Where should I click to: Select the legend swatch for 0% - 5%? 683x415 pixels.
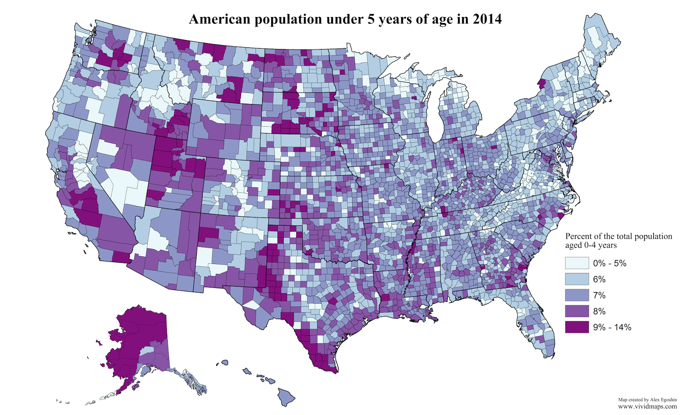click(x=577, y=263)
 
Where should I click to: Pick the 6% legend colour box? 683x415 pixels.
click(x=577, y=279)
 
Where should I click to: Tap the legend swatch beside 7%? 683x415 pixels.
click(x=577, y=295)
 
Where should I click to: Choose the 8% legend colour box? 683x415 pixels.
click(x=577, y=311)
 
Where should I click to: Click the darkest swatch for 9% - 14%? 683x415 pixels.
click(x=577, y=327)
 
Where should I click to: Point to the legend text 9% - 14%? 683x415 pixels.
click(x=612, y=328)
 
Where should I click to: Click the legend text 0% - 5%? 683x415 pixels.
click(x=610, y=264)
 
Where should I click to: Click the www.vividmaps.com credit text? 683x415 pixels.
click(x=647, y=406)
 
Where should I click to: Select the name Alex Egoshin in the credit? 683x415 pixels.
click(x=663, y=400)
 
